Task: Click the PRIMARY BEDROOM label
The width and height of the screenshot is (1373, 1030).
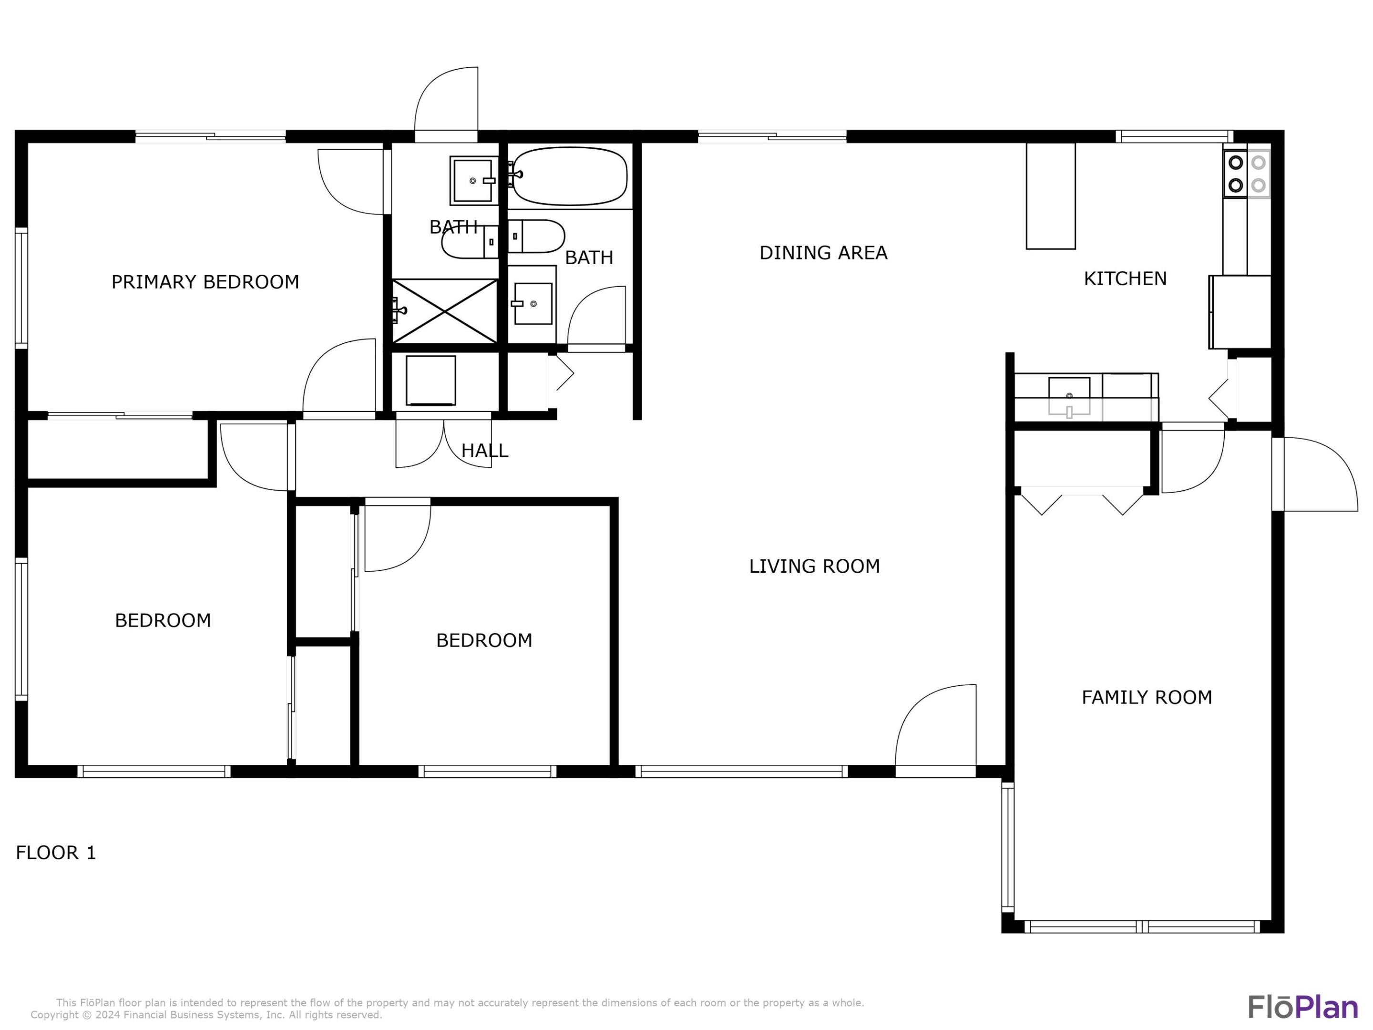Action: click(x=205, y=282)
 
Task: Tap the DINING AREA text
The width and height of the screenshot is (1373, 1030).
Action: click(x=823, y=253)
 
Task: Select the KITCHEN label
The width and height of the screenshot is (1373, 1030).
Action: click(x=1125, y=279)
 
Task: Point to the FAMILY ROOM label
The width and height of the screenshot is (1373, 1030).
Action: click(x=1147, y=697)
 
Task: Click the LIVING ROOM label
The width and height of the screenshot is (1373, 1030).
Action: click(x=814, y=566)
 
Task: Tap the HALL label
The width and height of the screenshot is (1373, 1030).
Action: click(x=484, y=451)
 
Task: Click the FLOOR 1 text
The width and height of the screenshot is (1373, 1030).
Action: click(x=56, y=853)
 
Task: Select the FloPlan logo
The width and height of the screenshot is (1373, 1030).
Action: click(x=1302, y=1007)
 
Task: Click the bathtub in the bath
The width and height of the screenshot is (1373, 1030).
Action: click(x=570, y=176)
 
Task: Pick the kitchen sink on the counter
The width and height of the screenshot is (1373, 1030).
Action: click(x=1069, y=395)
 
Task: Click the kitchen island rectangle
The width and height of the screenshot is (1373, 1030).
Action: click(x=1050, y=196)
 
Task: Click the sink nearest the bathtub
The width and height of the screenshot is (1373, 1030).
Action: click(x=473, y=181)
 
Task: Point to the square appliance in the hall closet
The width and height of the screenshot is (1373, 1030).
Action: click(x=431, y=381)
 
